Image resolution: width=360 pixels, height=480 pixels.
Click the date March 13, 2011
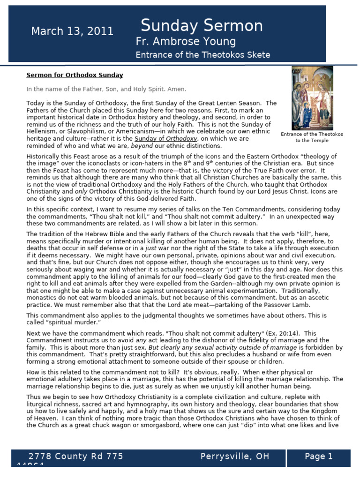(x=72, y=31)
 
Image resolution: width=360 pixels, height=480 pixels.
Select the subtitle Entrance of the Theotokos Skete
(x=202, y=55)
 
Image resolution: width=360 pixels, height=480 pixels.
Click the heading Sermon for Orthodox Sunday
(x=75, y=75)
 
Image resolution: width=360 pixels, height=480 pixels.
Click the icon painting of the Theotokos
(x=312, y=97)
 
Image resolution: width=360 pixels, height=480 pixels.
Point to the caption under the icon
(x=312, y=137)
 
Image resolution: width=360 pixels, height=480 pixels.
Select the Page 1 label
(x=318, y=456)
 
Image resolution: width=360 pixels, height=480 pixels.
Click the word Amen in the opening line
(x=177, y=89)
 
